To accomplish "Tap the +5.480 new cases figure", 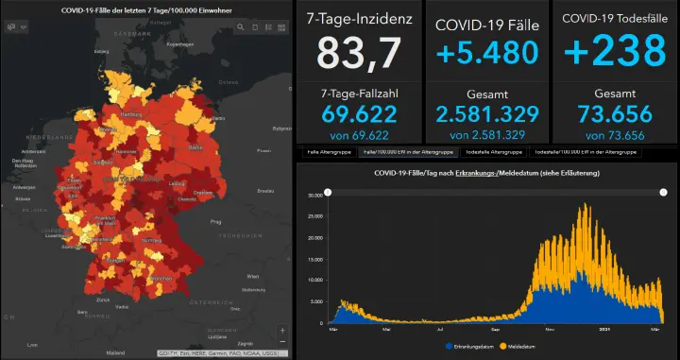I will [x=487, y=55].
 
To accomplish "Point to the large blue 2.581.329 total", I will [x=487, y=115].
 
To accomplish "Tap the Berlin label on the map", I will [x=196, y=148].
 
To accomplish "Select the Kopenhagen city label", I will [x=179, y=43].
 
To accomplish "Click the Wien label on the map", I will [x=251, y=276].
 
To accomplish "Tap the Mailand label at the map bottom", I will [x=115, y=352].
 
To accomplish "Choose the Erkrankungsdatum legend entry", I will [x=476, y=347].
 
